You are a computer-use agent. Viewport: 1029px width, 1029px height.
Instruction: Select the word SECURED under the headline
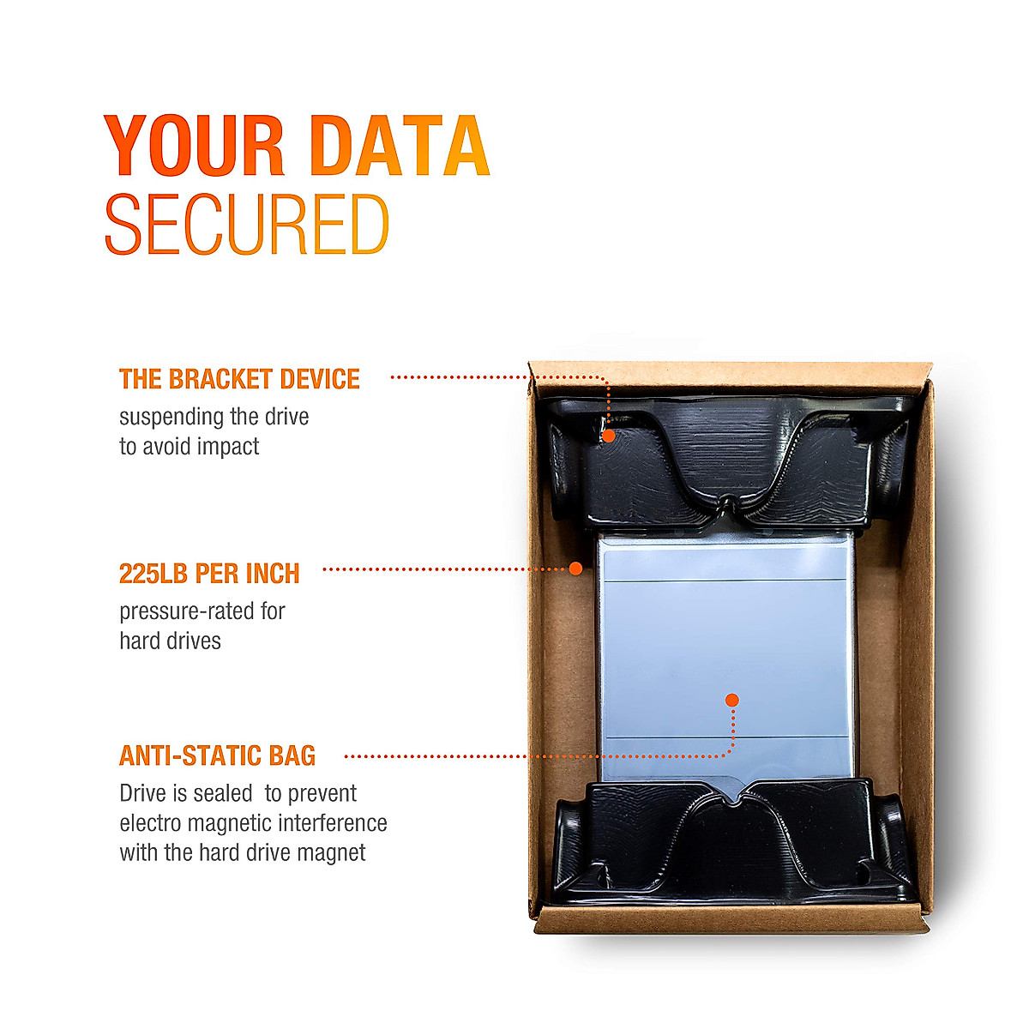point(246,225)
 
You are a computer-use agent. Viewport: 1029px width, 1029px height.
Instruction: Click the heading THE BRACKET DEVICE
point(239,379)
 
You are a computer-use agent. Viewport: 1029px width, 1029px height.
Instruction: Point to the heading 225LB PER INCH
point(209,574)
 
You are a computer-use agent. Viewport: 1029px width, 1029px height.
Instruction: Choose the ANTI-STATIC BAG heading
point(217,755)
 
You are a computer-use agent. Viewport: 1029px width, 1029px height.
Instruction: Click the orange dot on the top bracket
point(608,436)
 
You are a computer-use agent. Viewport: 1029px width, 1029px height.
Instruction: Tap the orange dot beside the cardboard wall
point(576,569)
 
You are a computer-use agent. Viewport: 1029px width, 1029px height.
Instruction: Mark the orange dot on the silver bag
point(731,701)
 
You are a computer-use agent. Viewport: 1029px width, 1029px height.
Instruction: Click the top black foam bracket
point(729,463)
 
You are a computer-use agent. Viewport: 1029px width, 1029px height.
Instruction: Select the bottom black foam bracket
point(729,845)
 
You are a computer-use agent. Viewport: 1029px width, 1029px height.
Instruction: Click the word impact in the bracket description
point(227,447)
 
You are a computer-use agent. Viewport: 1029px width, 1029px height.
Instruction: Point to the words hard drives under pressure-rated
point(170,641)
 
